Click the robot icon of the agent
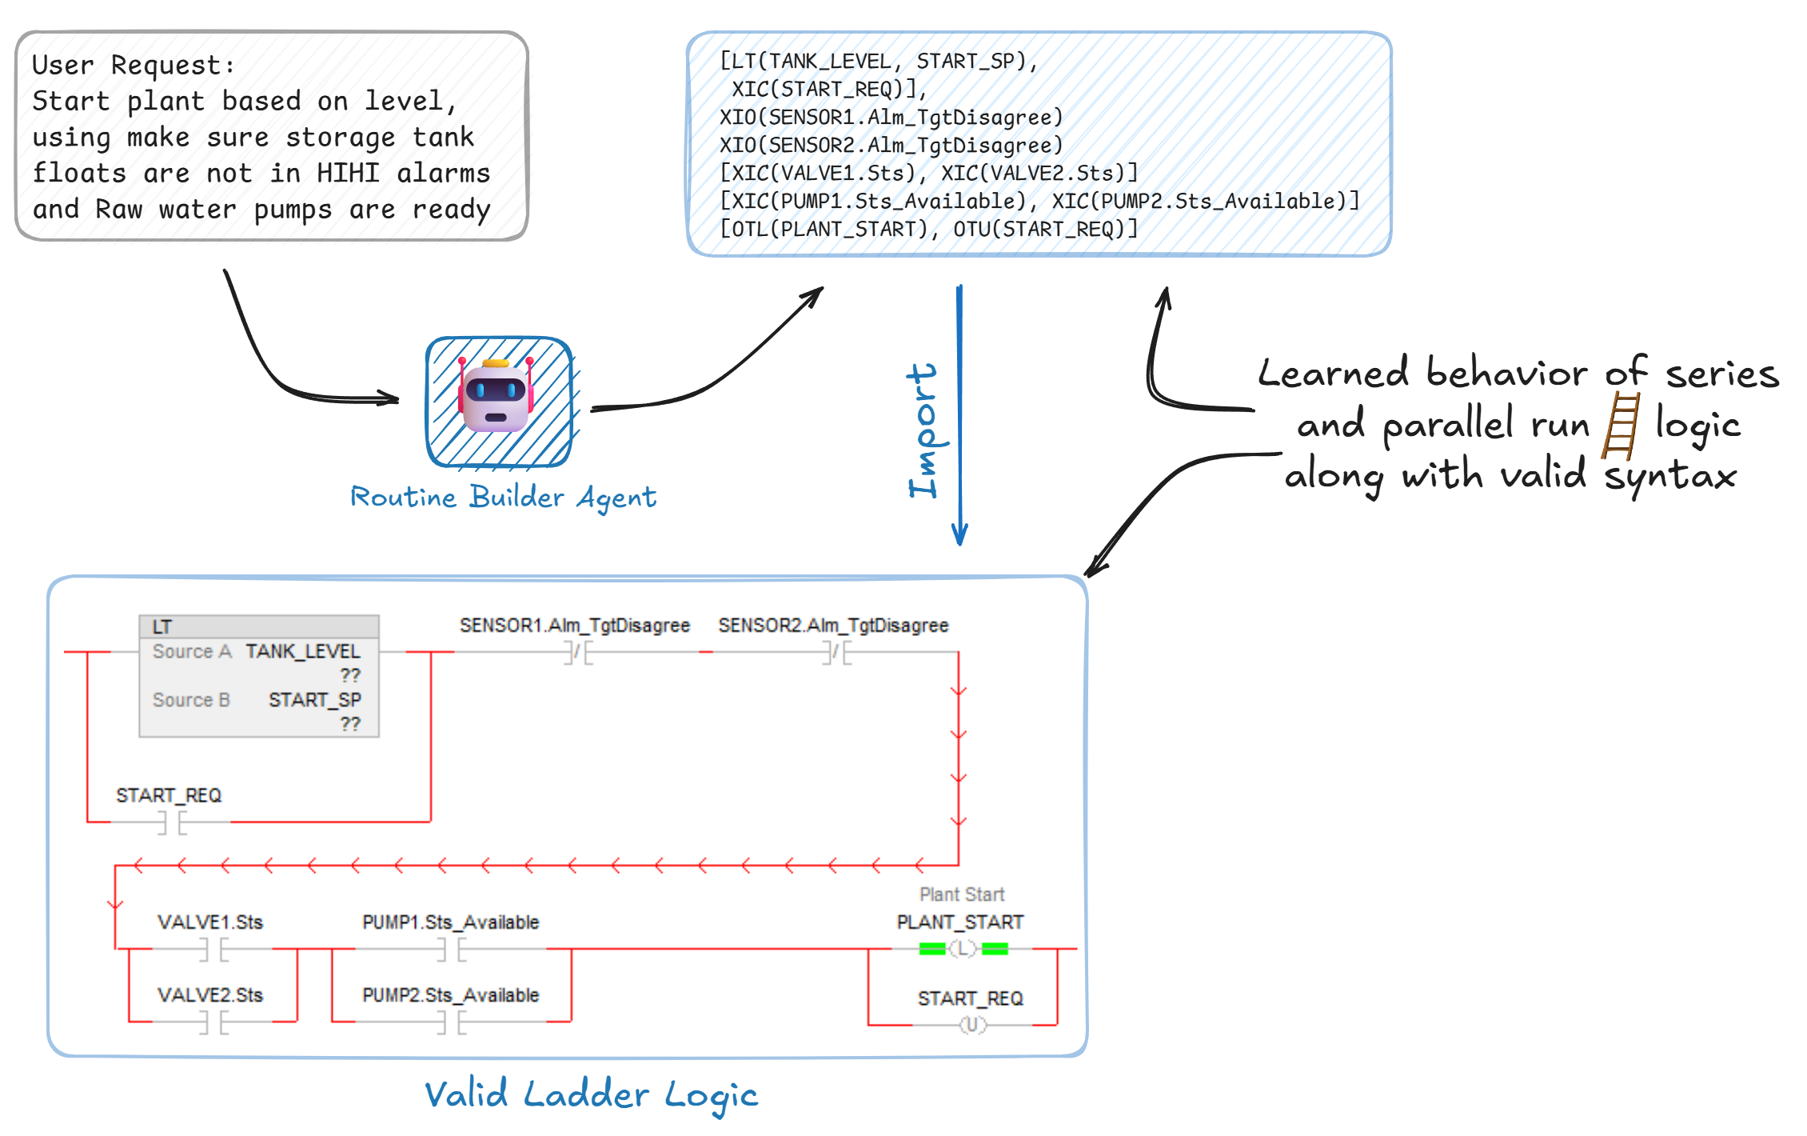[x=496, y=398]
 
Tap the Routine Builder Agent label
[x=503, y=497]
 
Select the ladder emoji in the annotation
[x=1620, y=426]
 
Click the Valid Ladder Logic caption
[x=591, y=1094]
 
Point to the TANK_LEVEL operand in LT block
[x=302, y=651]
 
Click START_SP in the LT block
[x=314, y=700]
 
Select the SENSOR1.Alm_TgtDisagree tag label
[x=574, y=626]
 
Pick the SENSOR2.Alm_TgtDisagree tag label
[x=833, y=626]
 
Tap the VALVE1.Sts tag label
[x=210, y=922]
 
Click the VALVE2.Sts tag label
[x=210, y=995]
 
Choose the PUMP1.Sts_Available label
[x=450, y=922]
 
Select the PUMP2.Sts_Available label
[x=450, y=995]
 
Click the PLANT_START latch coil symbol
[x=963, y=949]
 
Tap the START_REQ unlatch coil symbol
[x=972, y=1025]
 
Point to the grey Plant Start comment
[x=961, y=894]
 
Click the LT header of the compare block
[x=162, y=626]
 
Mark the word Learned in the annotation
[x=1333, y=374]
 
